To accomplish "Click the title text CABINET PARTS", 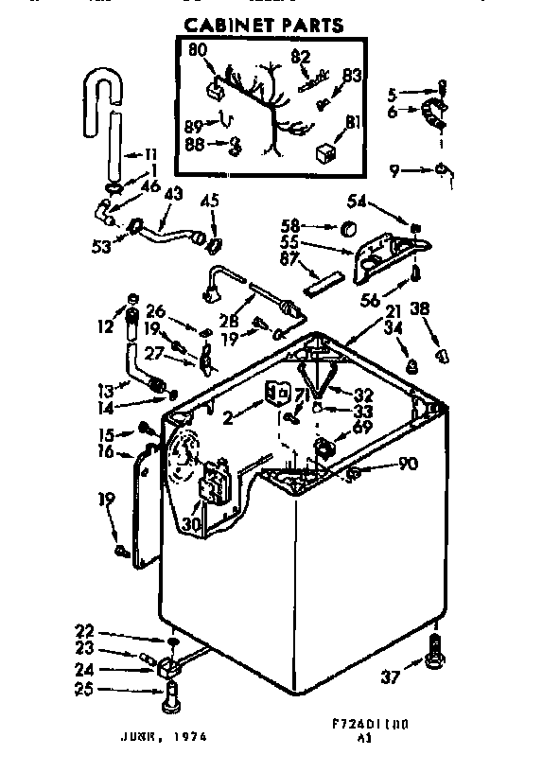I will tap(261, 25).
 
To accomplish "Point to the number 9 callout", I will tap(394, 170).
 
